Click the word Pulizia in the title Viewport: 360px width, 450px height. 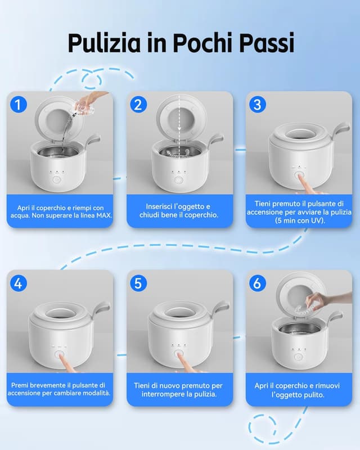pyautogui.click(x=104, y=43)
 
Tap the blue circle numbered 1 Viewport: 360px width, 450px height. pyautogui.click(x=19, y=105)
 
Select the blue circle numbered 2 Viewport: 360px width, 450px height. pyautogui.click(x=138, y=105)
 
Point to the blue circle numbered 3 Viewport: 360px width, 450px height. pyautogui.click(x=258, y=105)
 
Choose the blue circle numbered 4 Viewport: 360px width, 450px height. pyautogui.click(x=19, y=283)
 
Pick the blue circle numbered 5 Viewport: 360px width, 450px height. pyautogui.click(x=138, y=283)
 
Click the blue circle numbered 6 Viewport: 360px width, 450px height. pyautogui.click(x=258, y=283)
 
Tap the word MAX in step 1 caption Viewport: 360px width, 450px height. pyautogui.click(x=103, y=215)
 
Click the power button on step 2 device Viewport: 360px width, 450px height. pyautogui.click(x=179, y=180)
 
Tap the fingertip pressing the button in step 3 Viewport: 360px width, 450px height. pyautogui.click(x=300, y=177)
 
